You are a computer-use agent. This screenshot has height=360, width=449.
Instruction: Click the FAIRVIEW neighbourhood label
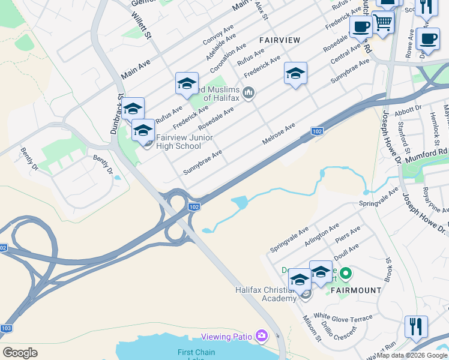coord(279,40)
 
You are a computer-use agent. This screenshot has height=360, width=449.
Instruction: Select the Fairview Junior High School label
coord(178,142)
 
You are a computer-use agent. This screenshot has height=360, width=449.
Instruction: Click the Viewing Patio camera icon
coord(261,335)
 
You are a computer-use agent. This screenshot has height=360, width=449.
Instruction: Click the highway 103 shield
coord(6,328)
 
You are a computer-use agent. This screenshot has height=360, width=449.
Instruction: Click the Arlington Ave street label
coord(333,231)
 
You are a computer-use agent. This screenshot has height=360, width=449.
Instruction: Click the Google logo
coord(20,353)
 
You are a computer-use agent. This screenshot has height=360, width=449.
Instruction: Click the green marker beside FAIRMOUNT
coord(345,275)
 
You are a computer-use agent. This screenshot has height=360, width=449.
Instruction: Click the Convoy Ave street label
coord(218,35)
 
